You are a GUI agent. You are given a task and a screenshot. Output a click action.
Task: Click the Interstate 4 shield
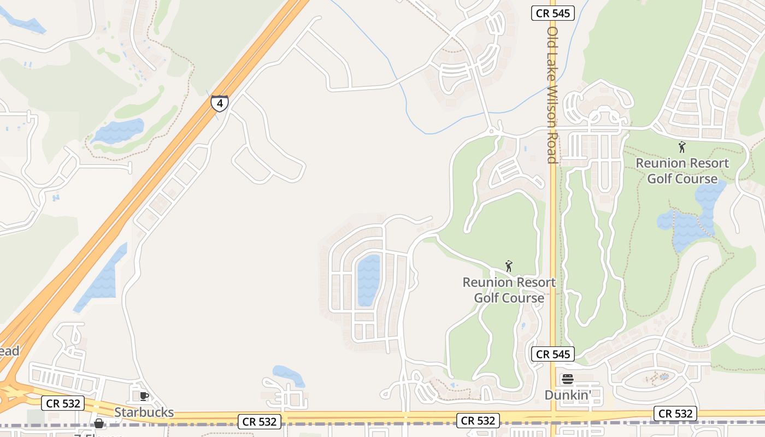[219, 103]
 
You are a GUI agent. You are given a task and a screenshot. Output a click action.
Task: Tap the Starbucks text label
[144, 412]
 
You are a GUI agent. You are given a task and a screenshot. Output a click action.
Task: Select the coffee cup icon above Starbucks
[144, 396]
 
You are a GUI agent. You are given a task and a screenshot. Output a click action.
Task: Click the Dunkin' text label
[568, 394]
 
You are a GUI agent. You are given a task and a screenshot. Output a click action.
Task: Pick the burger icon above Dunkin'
[568, 379]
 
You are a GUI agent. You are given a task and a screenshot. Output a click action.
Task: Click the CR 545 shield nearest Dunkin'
[553, 354]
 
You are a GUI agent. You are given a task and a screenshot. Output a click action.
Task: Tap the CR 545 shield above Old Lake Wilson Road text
[553, 14]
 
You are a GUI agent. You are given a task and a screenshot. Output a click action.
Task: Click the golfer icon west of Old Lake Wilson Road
[509, 266]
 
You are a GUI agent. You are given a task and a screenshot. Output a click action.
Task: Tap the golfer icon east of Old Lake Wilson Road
[681, 146]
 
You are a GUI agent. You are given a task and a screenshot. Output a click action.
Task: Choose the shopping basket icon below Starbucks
[99, 423]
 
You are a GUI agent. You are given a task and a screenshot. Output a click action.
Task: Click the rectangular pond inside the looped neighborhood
[368, 280]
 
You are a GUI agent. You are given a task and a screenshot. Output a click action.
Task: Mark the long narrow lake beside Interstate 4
[102, 279]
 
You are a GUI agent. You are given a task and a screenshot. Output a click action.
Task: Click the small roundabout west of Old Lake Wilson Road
[491, 131]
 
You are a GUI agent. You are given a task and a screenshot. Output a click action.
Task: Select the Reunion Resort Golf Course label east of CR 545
[682, 170]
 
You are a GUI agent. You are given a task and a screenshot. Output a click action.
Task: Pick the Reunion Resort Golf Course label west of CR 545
[509, 290]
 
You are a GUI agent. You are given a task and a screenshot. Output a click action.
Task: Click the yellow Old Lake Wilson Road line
[553, 246]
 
